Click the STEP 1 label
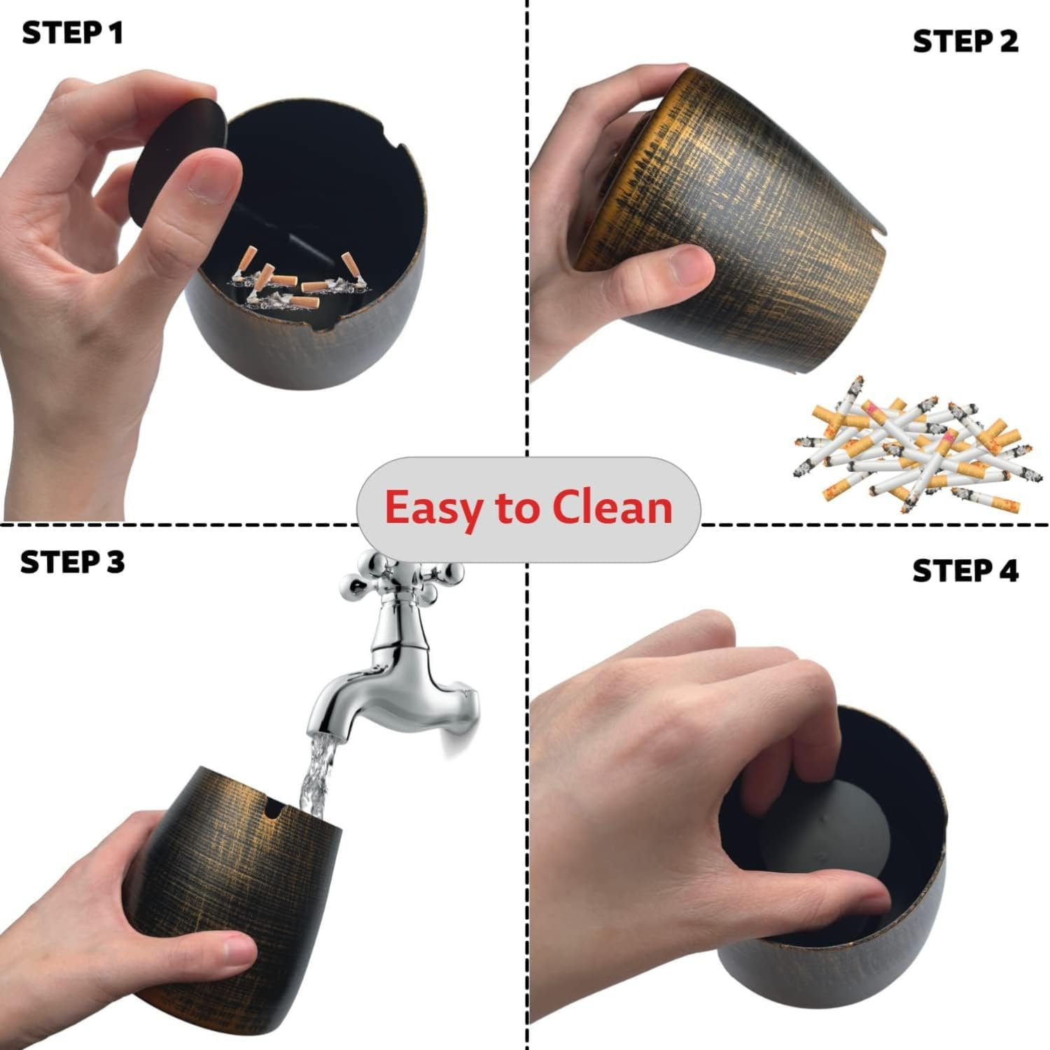click(x=72, y=33)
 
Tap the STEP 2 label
click(x=965, y=41)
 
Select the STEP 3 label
click(x=72, y=562)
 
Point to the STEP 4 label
click(x=965, y=571)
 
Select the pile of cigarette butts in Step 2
click(x=917, y=448)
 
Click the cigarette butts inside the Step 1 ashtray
click(x=294, y=283)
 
